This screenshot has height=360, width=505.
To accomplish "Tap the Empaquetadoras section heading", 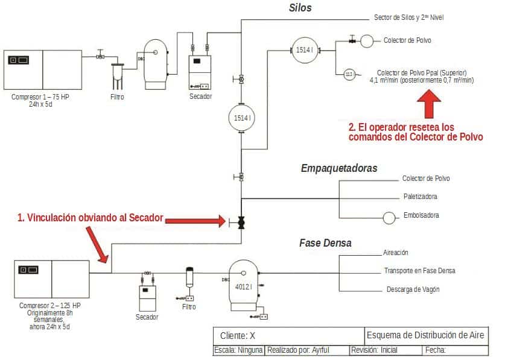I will [338, 168].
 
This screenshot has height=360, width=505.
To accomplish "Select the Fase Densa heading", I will [325, 243].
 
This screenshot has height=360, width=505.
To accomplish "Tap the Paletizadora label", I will [420, 197].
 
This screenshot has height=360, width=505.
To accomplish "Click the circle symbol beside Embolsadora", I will [389, 216].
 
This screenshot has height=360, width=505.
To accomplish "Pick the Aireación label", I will [396, 253].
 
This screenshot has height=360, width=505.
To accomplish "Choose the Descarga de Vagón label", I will [413, 289].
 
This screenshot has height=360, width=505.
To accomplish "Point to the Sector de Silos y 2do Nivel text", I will [408, 17].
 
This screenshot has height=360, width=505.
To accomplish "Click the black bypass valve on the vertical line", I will [241, 222].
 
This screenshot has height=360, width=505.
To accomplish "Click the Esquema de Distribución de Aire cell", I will [425, 335].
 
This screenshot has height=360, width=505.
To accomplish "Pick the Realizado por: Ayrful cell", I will [306, 350].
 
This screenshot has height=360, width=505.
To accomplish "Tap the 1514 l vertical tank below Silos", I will [241, 118].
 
